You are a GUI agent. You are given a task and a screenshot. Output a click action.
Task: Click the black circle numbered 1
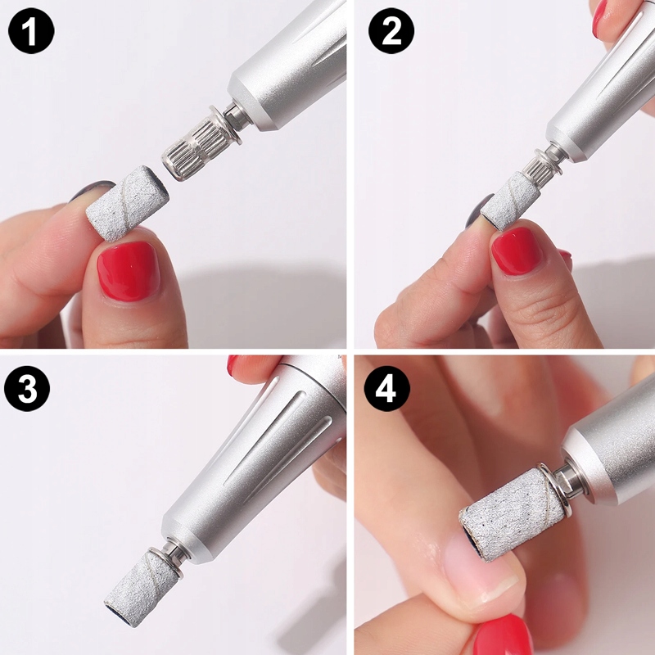pyautogui.click(x=31, y=30)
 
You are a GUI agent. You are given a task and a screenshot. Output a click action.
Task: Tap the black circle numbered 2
pyautogui.click(x=391, y=30)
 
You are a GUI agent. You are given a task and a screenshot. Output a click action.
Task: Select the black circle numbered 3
pyautogui.click(x=27, y=388)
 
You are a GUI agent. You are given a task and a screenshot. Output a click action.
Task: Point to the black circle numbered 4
pyautogui.click(x=386, y=388)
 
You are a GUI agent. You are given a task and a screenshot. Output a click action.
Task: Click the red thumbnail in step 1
pyautogui.click(x=129, y=271)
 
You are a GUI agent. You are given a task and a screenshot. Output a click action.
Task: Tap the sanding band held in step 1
pyautogui.click(x=128, y=203)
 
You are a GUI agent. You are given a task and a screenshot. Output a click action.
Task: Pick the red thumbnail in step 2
pyautogui.click(x=517, y=251)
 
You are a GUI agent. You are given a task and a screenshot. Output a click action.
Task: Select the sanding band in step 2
pyautogui.click(x=510, y=201)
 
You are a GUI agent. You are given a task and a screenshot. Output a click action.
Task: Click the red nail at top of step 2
pyautogui.click(x=599, y=17)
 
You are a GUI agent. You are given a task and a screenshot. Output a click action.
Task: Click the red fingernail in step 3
pyautogui.click(x=233, y=364)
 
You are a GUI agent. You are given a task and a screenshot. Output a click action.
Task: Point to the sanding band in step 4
pyautogui.click(x=512, y=514)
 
